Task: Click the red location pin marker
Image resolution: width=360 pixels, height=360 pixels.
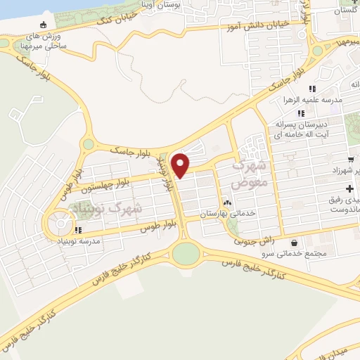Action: pyautogui.click(x=181, y=165)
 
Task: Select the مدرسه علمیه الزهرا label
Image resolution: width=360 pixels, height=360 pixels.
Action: pyautogui.click(x=316, y=100)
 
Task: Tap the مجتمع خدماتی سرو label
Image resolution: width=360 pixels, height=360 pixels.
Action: pyautogui.click(x=304, y=253)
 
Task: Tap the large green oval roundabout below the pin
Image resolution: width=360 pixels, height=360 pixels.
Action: pyautogui.click(x=186, y=252)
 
